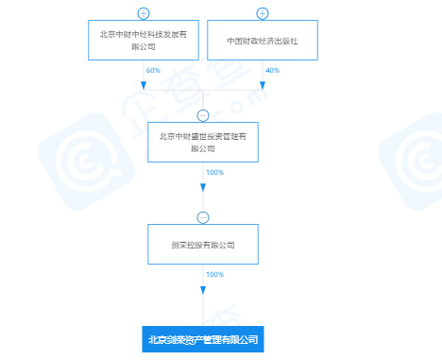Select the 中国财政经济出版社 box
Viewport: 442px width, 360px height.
pyautogui.click(x=262, y=42)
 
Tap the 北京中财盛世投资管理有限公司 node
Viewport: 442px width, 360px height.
pyautogui.click(x=202, y=142)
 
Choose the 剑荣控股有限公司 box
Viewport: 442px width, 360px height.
pyautogui.click(x=202, y=244)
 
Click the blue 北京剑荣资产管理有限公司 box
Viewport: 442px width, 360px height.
pyautogui.click(x=202, y=338)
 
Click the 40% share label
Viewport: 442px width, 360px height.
pyautogui.click(x=272, y=71)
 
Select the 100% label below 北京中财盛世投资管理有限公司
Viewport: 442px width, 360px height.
pyautogui.click(x=213, y=172)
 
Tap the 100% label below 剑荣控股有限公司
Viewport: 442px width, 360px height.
pyautogui.click(x=213, y=274)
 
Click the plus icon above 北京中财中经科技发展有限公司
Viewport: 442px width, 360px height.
pyautogui.click(x=143, y=13)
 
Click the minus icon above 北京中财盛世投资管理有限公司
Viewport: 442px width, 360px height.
pyautogui.click(x=202, y=114)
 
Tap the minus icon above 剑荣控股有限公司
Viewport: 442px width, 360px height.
pyautogui.click(x=202, y=216)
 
